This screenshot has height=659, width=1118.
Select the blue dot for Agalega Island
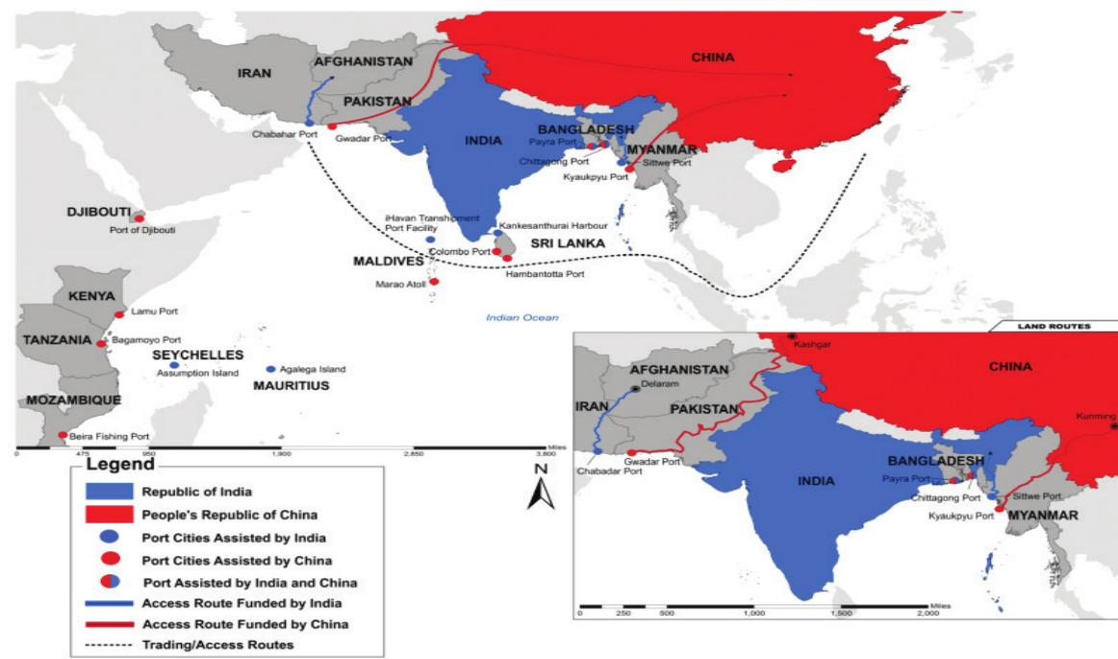coord(270,369)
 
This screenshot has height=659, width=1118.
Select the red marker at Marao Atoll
coord(434,282)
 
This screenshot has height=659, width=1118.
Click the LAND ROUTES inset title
coord(1054,326)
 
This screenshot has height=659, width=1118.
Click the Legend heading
coord(114,466)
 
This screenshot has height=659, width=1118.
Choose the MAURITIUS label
coord(291,386)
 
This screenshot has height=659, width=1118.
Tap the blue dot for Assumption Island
coord(174,366)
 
